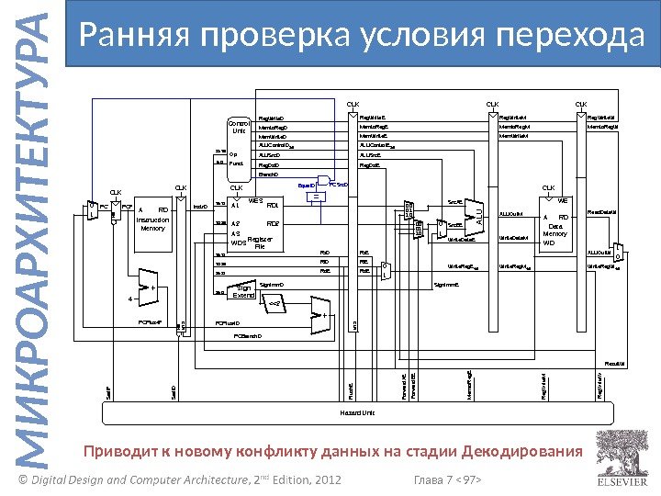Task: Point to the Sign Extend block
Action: pyautogui.click(x=243, y=291)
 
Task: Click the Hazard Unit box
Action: pyautogui.click(x=359, y=413)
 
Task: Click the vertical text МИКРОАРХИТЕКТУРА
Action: pyautogui.click(x=34, y=248)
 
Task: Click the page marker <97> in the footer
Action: pyautogui.click(x=469, y=480)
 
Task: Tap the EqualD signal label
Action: pyautogui.click(x=307, y=184)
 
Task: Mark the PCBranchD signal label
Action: pyautogui.click(x=246, y=335)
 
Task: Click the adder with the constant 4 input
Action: pyautogui.click(x=147, y=287)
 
